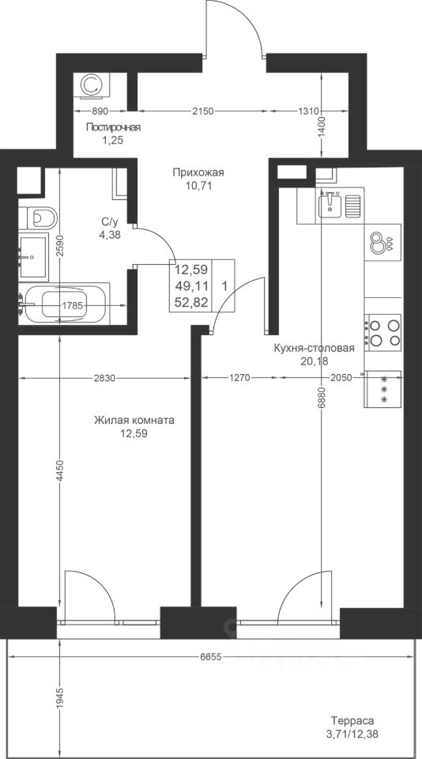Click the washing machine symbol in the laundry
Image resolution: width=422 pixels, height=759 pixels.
pos(92,85)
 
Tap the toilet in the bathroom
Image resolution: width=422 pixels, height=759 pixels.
pos(38,218)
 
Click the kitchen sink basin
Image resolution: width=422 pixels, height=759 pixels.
pos(331,205)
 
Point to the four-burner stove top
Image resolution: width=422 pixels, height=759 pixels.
pos(382,333)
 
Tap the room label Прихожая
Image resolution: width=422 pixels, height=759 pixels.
pos(198,172)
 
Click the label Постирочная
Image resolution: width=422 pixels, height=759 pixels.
pos(113,127)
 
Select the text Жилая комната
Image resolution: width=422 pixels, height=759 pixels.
pos(134,420)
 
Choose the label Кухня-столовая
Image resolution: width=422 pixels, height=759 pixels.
pos(315,348)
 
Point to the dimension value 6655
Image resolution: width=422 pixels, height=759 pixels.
pos(210,656)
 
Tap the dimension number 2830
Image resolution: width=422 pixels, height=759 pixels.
pos(104,379)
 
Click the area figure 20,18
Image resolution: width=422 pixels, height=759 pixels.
pos(315,360)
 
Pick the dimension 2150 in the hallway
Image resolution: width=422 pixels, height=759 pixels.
pos(202,111)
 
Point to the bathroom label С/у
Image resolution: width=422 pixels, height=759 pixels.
pos(109,222)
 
